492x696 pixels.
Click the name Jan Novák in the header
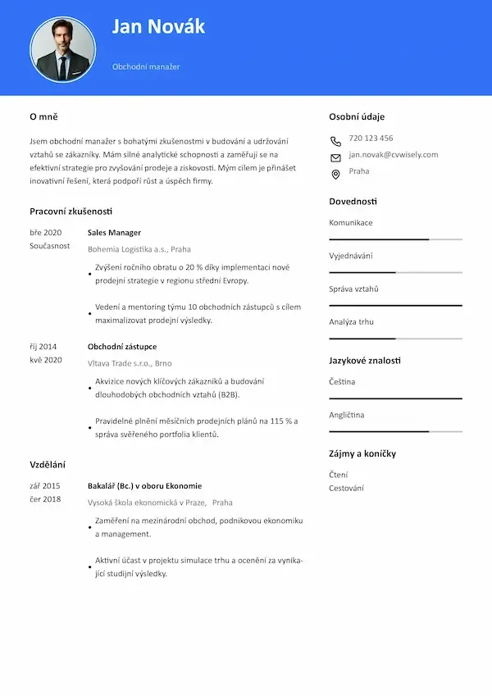(x=158, y=27)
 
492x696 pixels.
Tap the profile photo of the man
(x=62, y=50)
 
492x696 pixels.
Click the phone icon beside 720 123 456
(x=335, y=140)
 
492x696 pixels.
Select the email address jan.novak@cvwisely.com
(x=393, y=154)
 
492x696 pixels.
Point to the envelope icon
(x=335, y=157)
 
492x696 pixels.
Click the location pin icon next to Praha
(x=335, y=174)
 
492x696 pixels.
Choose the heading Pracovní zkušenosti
(x=71, y=211)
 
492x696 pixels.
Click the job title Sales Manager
(x=114, y=232)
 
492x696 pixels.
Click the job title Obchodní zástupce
(x=121, y=347)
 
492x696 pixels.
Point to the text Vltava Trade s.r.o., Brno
(x=130, y=363)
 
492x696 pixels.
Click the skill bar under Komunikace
(x=395, y=239)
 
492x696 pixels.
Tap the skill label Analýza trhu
(x=351, y=322)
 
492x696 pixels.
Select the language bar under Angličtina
(x=395, y=431)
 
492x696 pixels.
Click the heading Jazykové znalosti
(x=365, y=360)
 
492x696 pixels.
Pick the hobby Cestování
(x=346, y=488)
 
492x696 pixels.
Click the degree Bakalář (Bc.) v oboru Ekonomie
(x=144, y=485)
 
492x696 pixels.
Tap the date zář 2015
(x=45, y=485)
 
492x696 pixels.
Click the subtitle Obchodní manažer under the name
(x=146, y=66)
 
